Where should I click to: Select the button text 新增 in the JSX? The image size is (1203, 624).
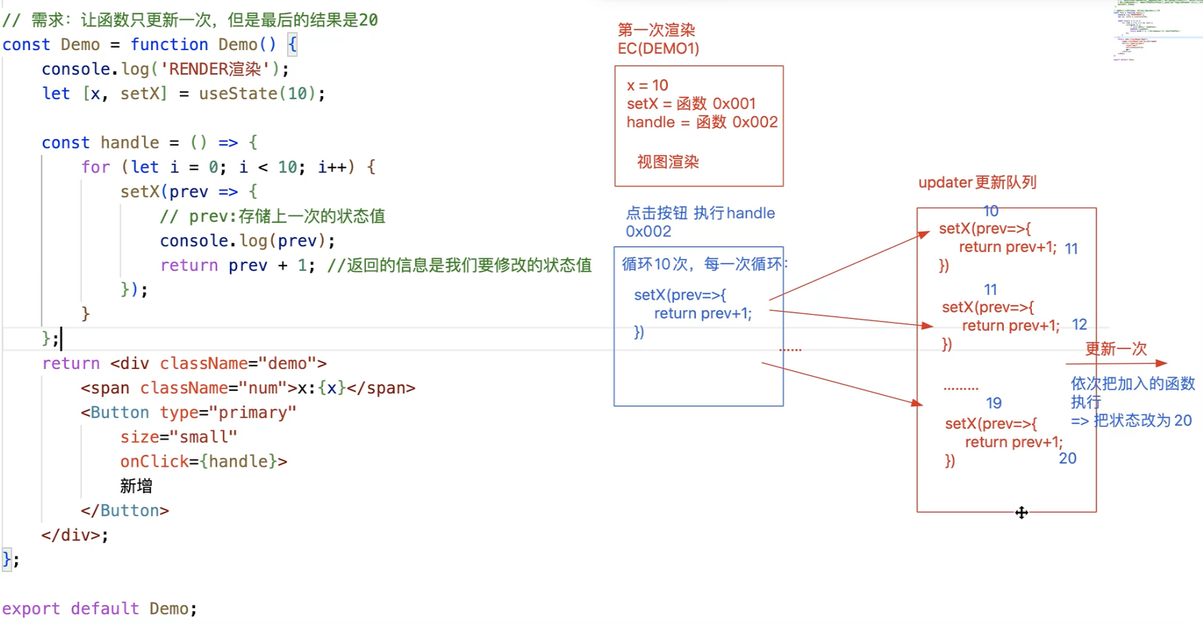pos(136,486)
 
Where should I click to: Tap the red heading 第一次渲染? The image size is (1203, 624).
pos(656,30)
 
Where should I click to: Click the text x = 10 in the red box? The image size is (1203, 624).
pos(648,85)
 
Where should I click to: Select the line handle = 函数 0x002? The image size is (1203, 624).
pos(702,122)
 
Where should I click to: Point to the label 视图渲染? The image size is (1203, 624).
pos(668,162)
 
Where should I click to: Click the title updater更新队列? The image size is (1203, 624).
pos(977,183)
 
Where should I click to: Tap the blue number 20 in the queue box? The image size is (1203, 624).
pos(1068,459)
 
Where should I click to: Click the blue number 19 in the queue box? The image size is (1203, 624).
pos(993,403)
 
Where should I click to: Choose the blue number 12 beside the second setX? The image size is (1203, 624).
pos(1080,324)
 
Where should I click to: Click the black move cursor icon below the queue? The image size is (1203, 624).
pos(1022,513)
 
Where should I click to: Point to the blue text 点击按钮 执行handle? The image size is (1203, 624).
pos(700,213)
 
